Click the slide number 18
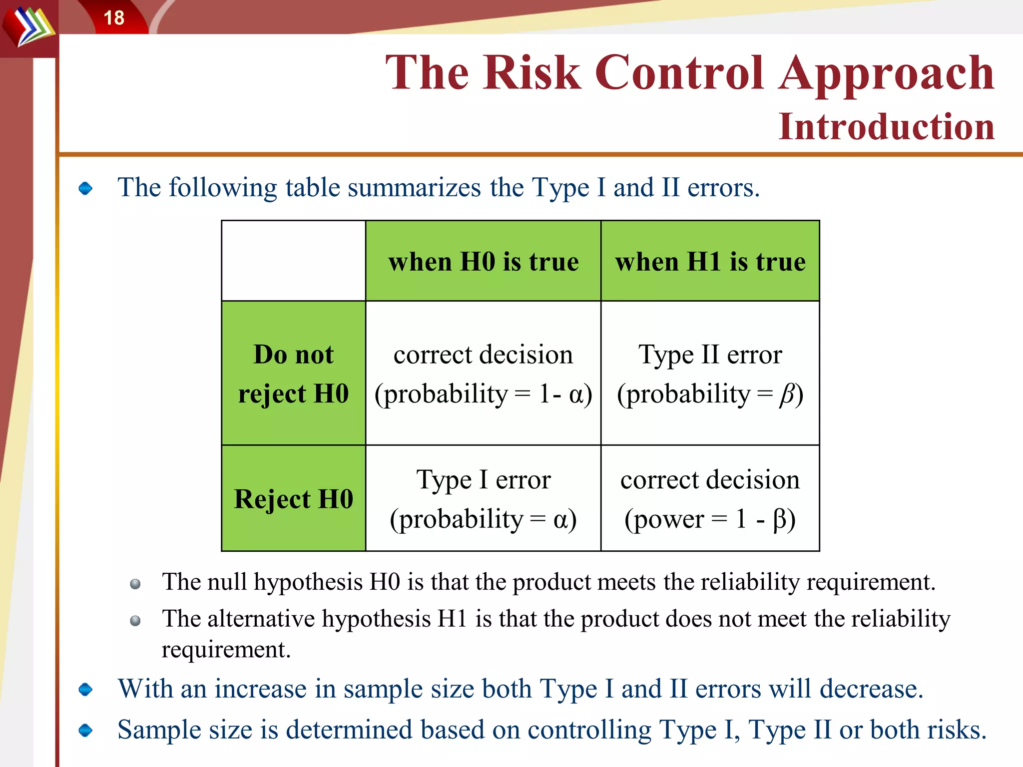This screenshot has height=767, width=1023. tap(114, 18)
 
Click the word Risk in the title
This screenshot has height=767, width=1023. tap(532, 73)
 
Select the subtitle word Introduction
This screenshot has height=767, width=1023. tap(887, 126)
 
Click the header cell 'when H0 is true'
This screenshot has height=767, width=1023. tap(484, 262)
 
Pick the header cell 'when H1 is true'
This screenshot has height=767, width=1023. tap(710, 262)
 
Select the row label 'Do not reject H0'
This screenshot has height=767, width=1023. tap(294, 374)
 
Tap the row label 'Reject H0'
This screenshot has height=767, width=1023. tap(294, 499)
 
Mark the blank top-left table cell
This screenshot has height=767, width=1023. tap(294, 261)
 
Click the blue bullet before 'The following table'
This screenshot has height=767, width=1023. tap(86, 188)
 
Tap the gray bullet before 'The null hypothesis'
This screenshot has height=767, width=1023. tap(135, 584)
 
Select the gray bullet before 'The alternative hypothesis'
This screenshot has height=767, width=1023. tap(135, 621)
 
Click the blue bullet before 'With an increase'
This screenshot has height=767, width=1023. tap(86, 690)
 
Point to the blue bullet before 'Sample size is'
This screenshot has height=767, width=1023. tap(86, 731)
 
